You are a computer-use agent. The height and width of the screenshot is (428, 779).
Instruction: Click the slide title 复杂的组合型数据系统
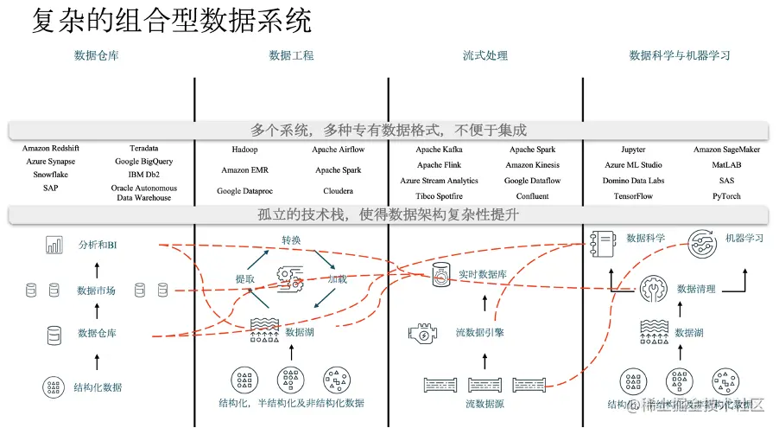[x=172, y=21]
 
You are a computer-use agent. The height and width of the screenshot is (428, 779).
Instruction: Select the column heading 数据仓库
[x=97, y=55]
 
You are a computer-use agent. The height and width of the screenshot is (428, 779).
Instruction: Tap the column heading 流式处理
[x=485, y=55]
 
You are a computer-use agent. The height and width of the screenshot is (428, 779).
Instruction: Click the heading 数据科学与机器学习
[x=680, y=55]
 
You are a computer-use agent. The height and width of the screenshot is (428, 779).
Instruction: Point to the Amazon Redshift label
[x=50, y=150]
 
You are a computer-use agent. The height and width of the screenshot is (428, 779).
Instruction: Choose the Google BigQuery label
[x=144, y=162]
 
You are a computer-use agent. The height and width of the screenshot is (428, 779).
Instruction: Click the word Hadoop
[x=237, y=150]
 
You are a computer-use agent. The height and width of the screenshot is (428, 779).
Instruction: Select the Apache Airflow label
[x=339, y=150]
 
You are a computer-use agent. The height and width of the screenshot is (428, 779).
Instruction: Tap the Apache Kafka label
[x=439, y=150]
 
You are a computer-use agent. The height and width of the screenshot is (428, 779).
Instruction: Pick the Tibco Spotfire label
[x=439, y=196]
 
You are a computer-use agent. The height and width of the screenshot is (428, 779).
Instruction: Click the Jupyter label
[x=633, y=150]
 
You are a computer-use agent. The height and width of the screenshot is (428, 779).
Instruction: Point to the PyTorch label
[x=726, y=196]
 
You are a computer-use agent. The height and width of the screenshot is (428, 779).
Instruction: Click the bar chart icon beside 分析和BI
[x=54, y=246]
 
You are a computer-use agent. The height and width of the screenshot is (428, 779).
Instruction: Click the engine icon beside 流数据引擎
[x=421, y=333]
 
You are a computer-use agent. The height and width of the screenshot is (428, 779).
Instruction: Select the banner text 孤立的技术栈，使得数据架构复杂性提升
[x=388, y=214]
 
